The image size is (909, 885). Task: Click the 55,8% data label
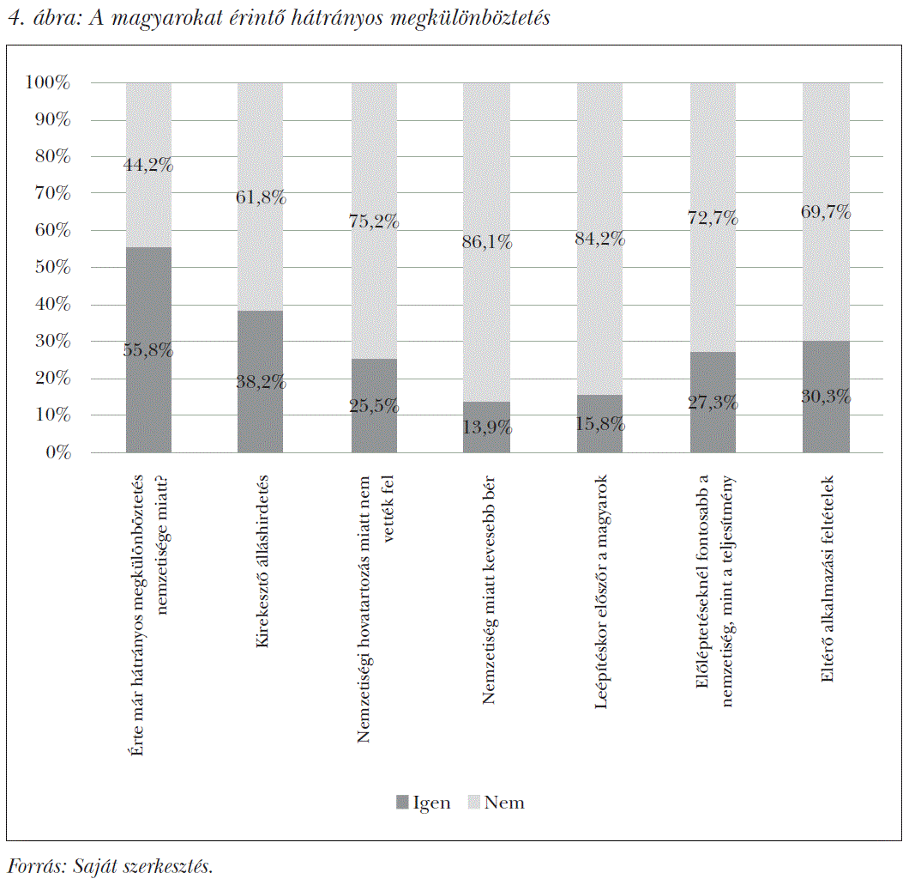[148, 350]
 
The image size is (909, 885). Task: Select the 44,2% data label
[148, 166]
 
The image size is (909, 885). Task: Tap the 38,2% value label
[261, 383]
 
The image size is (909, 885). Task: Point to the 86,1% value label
[486, 243]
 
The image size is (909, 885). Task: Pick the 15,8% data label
[599, 424]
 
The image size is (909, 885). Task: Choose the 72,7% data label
[713, 218]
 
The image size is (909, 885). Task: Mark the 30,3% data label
[825, 397]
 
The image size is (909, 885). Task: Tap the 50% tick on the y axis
[52, 268]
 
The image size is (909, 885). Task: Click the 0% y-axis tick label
[57, 452]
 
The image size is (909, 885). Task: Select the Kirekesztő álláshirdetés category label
[262, 573]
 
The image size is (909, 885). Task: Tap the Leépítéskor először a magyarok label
[601, 592]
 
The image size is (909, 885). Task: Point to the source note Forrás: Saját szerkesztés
[110, 866]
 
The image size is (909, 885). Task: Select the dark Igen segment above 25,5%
[374, 378]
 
